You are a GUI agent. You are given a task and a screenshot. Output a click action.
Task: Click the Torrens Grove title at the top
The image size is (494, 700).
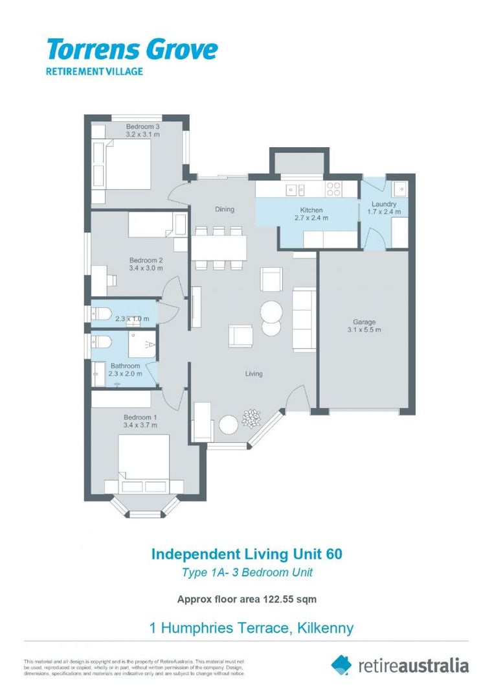pos(131,50)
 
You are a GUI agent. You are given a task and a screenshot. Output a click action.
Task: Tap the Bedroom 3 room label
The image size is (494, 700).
pos(142,126)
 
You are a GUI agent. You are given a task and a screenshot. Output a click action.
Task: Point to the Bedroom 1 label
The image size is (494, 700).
pos(140,417)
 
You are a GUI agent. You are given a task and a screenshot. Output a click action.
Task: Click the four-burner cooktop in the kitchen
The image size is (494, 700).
pos(333,189)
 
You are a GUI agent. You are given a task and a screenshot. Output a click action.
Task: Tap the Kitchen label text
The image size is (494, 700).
pos(311,210)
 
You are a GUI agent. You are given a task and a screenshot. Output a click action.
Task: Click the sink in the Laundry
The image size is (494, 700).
pos(399,189)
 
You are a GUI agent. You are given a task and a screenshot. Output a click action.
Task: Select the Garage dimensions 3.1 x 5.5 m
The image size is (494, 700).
pos(364,330)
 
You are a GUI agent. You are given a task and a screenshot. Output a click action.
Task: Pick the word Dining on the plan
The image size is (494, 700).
pos(225,209)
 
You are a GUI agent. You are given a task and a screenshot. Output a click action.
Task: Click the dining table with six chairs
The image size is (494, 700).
pos(219,247)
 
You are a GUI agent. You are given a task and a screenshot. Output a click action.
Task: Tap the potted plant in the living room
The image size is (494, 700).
pos(251,419)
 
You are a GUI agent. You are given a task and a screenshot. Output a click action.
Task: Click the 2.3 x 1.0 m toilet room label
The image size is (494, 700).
pos(132,319)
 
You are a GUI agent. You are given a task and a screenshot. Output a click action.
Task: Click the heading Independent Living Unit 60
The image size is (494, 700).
pos(246,554)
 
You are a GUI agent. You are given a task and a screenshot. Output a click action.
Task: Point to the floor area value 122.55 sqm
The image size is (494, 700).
pos(289,600)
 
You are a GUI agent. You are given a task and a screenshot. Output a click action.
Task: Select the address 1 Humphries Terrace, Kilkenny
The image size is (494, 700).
pos(251,627)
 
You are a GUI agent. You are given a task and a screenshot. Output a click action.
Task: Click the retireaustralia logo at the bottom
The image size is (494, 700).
pos(399,665)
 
